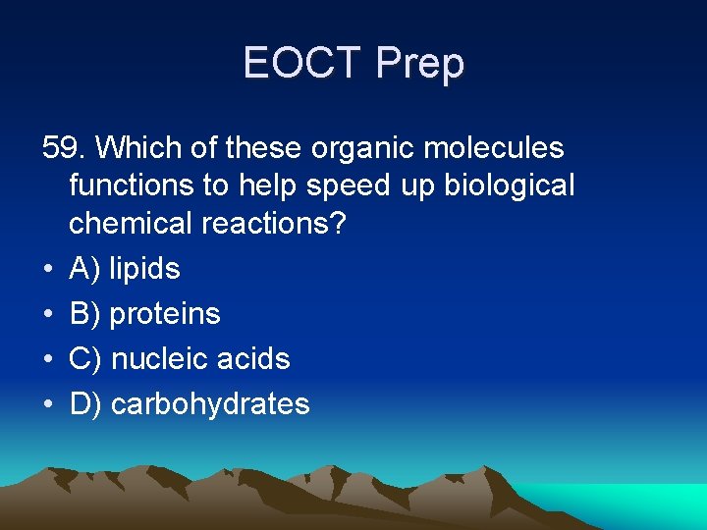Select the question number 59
64,148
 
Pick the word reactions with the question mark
274,223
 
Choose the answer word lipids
144,269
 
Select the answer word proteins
165,314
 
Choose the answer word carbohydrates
210,403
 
